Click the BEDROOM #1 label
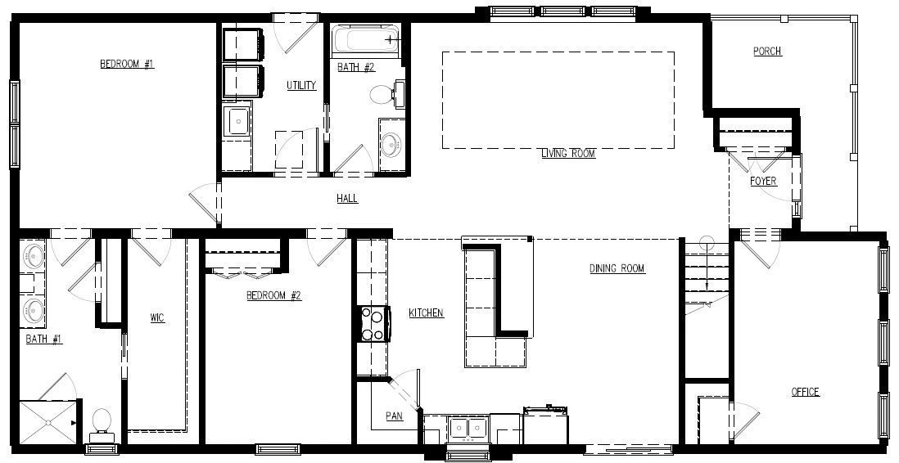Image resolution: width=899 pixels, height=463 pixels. coord(127,64)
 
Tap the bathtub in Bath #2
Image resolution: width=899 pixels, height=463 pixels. coord(365,40)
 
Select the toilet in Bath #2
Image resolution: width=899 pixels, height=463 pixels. coord(387,95)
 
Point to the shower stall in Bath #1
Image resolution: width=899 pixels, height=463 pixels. coord(48,422)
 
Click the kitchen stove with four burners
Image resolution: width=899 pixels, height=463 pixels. coord(374,324)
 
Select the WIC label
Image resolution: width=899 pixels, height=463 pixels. coord(157,318)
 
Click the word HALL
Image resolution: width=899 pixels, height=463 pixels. coord(347,198)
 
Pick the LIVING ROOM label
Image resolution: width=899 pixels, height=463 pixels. coord(568,154)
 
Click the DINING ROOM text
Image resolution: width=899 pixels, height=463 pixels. coord(617,268)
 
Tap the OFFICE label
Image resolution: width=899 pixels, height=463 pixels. coord(806,392)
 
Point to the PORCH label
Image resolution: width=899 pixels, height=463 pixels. coord(767,52)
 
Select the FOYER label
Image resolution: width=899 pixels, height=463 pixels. coord(764,181)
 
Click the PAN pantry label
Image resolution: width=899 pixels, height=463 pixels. coord(395,416)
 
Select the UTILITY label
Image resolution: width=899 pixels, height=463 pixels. coord(301,85)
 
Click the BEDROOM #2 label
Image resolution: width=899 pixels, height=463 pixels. coord(274,295)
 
